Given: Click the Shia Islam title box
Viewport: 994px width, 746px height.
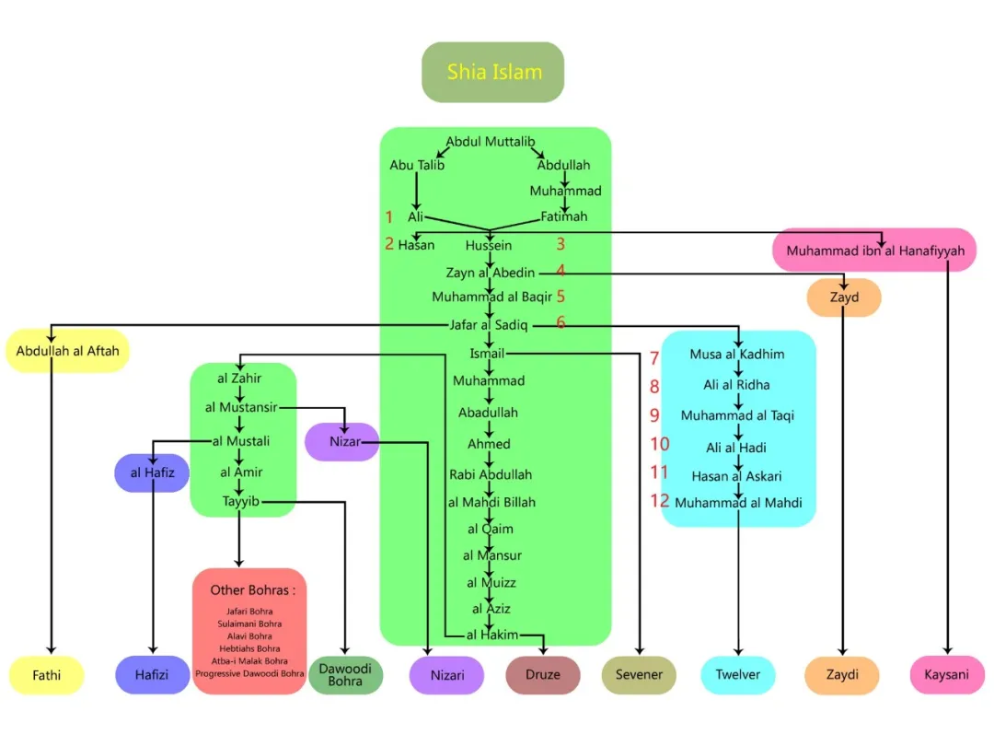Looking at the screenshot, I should click(492, 72).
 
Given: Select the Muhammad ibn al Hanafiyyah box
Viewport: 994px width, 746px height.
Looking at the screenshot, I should click(874, 251).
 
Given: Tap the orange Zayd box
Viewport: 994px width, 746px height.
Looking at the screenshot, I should click(844, 297).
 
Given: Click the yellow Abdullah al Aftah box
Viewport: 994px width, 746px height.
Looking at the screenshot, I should click(67, 351).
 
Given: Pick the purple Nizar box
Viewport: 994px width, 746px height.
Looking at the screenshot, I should click(341, 442).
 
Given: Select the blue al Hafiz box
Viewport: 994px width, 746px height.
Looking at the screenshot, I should click(152, 473).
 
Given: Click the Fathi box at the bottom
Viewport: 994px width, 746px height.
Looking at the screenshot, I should click(47, 675).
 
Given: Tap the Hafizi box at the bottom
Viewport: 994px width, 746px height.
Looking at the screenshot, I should click(152, 675).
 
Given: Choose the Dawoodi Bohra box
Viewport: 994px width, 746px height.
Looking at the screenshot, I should click(345, 675).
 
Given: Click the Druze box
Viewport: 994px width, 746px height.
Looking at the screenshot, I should click(543, 675).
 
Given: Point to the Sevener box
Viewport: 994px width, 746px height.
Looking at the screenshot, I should click(639, 675).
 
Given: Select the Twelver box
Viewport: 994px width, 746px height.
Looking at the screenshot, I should click(738, 675).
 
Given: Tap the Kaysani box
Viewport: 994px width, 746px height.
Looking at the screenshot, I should click(947, 675).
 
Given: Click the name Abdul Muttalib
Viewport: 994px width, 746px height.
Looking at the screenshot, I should click(491, 142).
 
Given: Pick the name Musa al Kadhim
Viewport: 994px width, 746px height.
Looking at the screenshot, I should click(737, 355).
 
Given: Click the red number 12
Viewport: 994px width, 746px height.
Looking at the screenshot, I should click(659, 501).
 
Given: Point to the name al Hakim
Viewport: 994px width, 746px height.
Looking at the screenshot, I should click(492, 635).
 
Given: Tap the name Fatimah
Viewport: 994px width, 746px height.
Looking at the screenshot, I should click(563, 217).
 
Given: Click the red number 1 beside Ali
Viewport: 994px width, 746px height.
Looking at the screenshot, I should click(389, 217).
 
